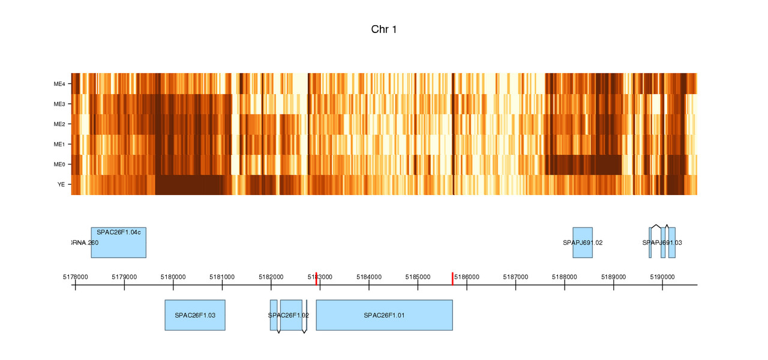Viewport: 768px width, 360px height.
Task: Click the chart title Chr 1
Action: point(384,29)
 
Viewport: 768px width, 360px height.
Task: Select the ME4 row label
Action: point(59,84)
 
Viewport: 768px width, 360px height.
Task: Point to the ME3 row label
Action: point(59,104)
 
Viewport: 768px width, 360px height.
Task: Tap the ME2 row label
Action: point(59,124)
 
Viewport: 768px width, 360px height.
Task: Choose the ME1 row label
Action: point(59,145)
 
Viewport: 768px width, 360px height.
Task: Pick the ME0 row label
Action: point(59,164)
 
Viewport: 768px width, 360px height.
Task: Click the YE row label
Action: point(61,185)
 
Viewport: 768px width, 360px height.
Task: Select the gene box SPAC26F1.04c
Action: point(119,243)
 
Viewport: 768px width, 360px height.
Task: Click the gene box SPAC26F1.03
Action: point(195,315)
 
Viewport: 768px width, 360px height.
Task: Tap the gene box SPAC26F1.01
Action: point(384,315)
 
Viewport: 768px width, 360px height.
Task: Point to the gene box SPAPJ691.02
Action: point(583,243)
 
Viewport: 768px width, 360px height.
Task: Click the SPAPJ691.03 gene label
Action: point(662,243)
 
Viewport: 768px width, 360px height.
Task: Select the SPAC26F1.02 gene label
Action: point(289,315)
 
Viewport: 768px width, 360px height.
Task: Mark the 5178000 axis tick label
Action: point(75,277)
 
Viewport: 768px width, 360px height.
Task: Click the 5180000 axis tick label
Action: point(173,277)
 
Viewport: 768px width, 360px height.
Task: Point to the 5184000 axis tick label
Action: point(369,277)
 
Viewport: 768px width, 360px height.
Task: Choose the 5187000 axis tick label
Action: point(515,277)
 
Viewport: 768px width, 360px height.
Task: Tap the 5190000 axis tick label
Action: point(662,277)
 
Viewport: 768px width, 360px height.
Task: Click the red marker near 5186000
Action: point(452,278)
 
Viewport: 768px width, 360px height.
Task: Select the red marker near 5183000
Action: point(316,278)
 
